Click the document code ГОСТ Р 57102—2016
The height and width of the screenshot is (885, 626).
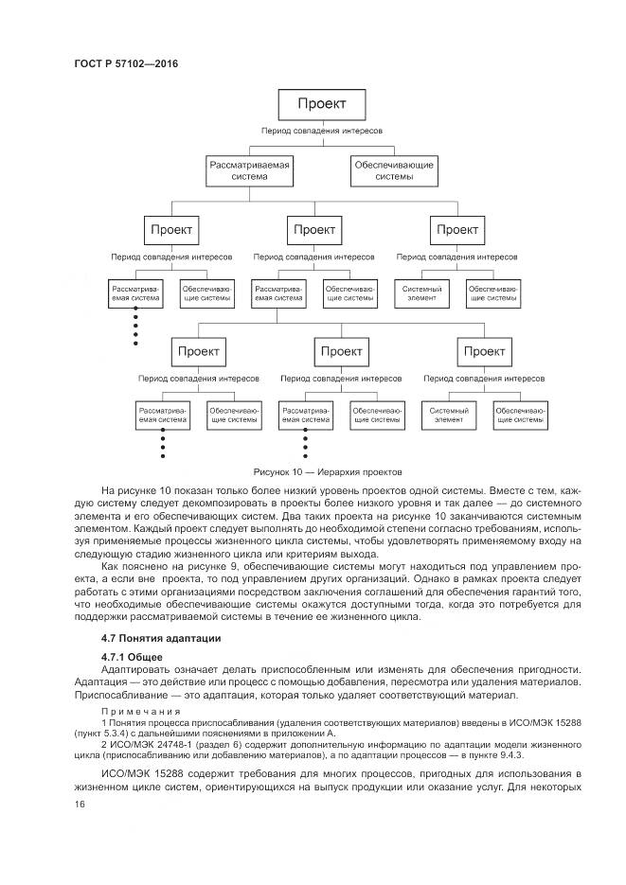(125, 63)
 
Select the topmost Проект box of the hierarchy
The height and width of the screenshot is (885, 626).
(321, 103)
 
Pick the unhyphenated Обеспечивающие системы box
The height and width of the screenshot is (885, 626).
(394, 170)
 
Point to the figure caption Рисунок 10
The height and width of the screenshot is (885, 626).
(281, 470)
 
